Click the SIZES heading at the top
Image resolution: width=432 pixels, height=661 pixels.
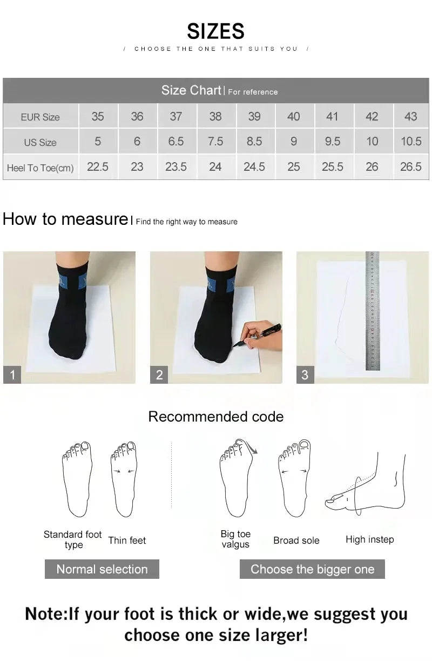(x=215, y=31)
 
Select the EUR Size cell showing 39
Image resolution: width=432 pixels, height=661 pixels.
(x=254, y=116)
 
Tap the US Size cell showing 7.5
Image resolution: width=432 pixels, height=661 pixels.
(x=215, y=142)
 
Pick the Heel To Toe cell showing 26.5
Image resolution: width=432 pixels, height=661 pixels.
(x=410, y=167)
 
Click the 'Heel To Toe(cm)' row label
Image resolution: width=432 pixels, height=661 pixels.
(x=40, y=168)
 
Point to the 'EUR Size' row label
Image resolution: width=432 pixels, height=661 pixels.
(x=40, y=117)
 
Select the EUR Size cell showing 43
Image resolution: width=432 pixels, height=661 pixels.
(x=410, y=116)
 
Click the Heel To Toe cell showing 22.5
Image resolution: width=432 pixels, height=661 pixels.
(x=98, y=167)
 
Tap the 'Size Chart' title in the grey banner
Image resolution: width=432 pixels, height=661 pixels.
(x=191, y=90)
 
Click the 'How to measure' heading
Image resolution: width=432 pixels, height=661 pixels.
(x=65, y=219)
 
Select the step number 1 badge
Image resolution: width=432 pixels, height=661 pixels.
(x=12, y=375)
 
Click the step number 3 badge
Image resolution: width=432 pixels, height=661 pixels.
(x=305, y=375)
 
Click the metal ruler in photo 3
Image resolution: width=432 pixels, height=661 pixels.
(x=373, y=311)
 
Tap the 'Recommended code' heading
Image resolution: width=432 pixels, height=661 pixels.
(x=215, y=417)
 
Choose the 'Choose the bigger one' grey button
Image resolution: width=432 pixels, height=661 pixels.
(x=312, y=569)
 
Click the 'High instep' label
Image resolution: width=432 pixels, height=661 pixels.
(x=369, y=539)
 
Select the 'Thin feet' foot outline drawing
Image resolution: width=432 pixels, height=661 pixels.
(x=124, y=478)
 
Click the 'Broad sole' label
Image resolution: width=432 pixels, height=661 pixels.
(x=296, y=540)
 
